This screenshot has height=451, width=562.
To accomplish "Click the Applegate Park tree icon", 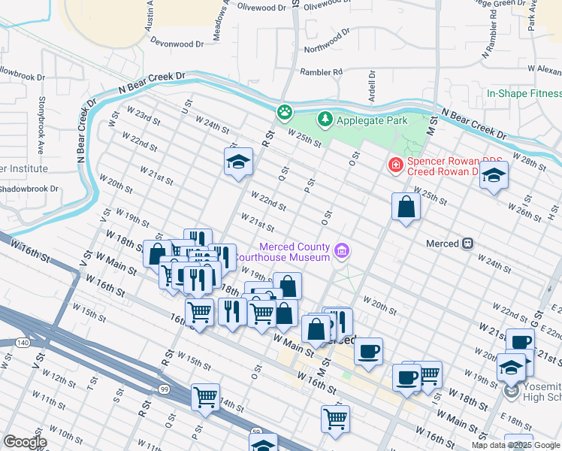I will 325,119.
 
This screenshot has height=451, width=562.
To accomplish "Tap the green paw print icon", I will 285,113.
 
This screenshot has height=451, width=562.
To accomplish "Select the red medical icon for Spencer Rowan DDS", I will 394,164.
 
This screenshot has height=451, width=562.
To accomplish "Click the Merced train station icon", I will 467,244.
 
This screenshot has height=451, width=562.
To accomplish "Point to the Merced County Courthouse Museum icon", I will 342,251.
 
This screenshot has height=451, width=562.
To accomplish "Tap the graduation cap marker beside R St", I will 238,162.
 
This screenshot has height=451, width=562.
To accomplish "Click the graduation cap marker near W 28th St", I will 494,176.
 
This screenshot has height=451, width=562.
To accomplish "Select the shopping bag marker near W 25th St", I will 406,207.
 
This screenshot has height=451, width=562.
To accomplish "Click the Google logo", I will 25,441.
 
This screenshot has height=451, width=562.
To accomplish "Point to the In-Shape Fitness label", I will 524,94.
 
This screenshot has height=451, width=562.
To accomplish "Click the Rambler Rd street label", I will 321,71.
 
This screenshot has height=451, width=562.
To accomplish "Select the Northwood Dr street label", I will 327,42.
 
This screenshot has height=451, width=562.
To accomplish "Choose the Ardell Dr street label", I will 371,89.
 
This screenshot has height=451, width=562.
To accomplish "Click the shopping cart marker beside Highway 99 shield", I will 205,396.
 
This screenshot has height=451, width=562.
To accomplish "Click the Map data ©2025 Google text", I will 515,445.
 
